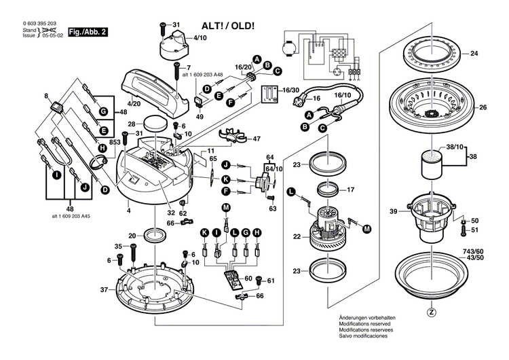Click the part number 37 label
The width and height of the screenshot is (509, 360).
104,290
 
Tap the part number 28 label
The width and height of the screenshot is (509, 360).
131,124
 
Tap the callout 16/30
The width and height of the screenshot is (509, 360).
291,90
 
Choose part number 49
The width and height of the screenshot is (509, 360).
200,116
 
